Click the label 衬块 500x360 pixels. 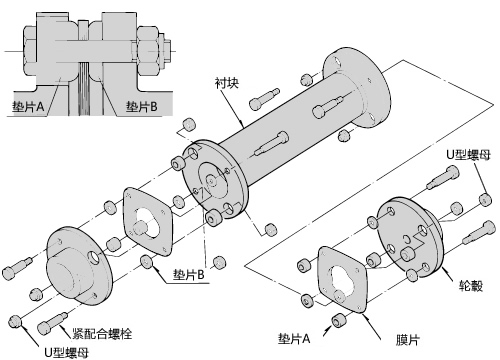tap(227, 83)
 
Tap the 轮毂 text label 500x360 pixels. tap(470, 286)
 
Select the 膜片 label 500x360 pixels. tap(408, 340)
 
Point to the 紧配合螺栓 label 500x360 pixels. tap(102, 334)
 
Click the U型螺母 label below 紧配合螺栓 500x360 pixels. tap(67, 353)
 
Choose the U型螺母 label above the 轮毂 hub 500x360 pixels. tap(468, 155)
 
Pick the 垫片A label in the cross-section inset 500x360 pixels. tap(28, 107)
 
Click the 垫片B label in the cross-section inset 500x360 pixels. tap(141, 106)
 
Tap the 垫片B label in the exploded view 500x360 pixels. tap(188, 274)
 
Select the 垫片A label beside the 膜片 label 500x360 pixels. tap(294, 339)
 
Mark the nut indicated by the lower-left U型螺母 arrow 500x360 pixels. tap(15, 321)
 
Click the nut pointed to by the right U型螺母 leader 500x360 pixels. tap(485, 199)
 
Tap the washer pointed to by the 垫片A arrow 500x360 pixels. tap(339, 320)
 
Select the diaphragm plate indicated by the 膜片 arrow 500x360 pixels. tap(342, 279)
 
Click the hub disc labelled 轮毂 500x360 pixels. tap(409, 237)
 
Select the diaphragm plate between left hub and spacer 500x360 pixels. tap(148, 222)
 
